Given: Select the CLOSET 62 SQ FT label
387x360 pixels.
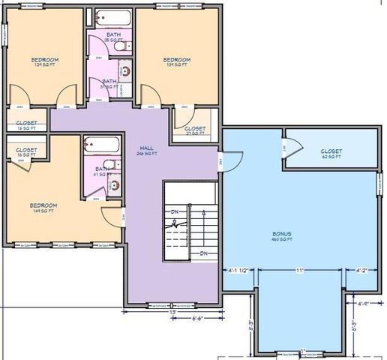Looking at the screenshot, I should (331, 154).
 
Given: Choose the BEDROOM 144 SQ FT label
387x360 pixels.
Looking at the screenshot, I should (43, 208).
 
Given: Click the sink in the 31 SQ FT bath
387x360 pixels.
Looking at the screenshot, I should (125, 73).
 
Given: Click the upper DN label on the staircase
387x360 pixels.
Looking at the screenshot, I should (174, 212).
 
